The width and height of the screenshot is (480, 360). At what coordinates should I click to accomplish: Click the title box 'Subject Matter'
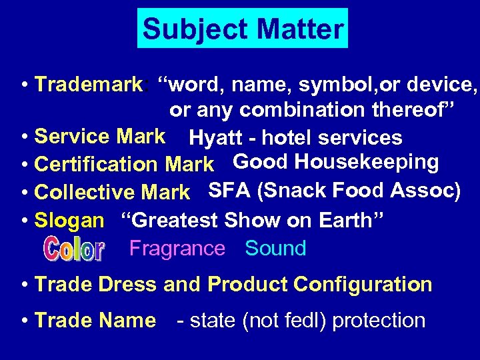click(x=243, y=29)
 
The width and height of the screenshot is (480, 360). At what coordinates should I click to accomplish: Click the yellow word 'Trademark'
click(x=89, y=85)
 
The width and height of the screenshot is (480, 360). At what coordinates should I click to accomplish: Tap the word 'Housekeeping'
click(x=366, y=162)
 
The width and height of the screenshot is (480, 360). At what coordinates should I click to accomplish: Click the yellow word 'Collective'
click(x=85, y=192)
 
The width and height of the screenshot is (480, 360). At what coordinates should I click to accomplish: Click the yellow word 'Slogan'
click(x=69, y=220)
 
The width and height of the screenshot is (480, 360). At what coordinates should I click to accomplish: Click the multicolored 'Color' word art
click(x=73, y=249)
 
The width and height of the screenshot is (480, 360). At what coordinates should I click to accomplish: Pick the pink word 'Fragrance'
click(x=177, y=249)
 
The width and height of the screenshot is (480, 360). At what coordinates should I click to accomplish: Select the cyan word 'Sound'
click(x=275, y=249)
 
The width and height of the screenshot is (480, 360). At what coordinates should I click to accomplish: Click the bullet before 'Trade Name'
click(x=24, y=321)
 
